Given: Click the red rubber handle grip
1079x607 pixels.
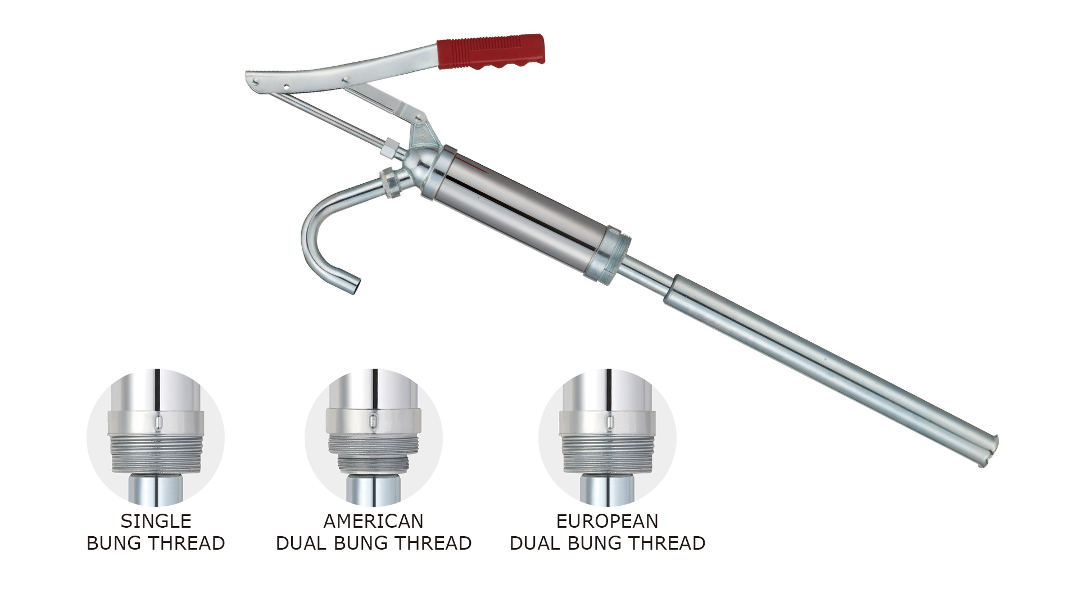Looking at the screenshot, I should pyautogui.click(x=491, y=51).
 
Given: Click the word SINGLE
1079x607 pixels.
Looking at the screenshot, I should pyautogui.click(x=156, y=521).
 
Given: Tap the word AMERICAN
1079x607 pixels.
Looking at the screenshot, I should pyautogui.click(x=373, y=521).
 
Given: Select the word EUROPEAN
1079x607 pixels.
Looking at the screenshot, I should pyautogui.click(x=607, y=521).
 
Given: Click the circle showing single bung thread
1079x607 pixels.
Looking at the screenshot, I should pyautogui.click(x=156, y=437).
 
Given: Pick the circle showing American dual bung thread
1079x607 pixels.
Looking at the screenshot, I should pyautogui.click(x=373, y=437).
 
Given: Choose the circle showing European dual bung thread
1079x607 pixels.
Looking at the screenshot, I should pyautogui.click(x=607, y=437).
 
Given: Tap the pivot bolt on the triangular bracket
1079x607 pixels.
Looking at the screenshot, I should pyautogui.click(x=418, y=119).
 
